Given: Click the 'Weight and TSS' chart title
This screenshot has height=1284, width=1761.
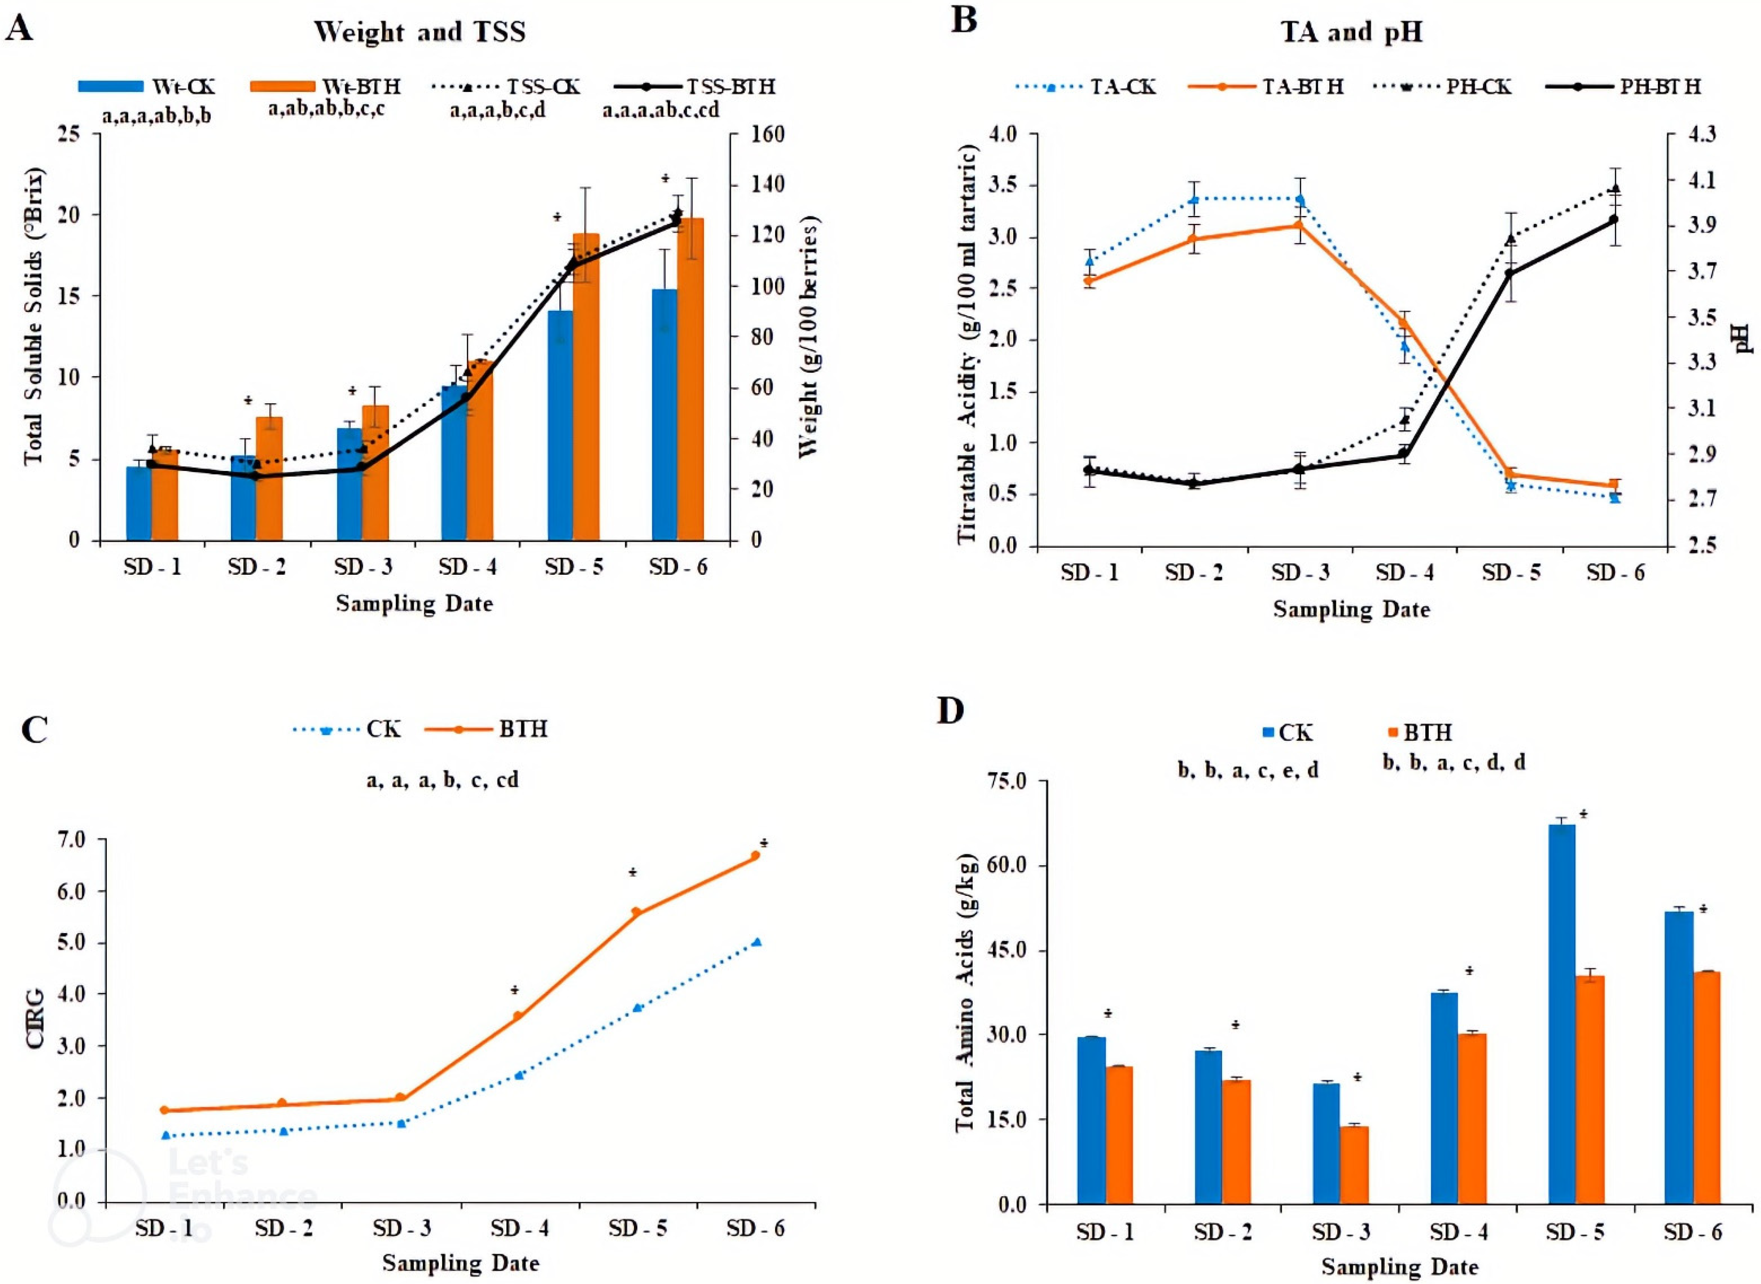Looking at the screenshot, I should [419, 32].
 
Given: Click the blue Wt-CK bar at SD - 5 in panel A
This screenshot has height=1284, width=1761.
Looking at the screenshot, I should [560, 425].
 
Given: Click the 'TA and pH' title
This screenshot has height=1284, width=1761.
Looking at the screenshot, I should [1352, 32].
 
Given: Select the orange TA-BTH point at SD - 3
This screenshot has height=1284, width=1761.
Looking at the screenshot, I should [1298, 226].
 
